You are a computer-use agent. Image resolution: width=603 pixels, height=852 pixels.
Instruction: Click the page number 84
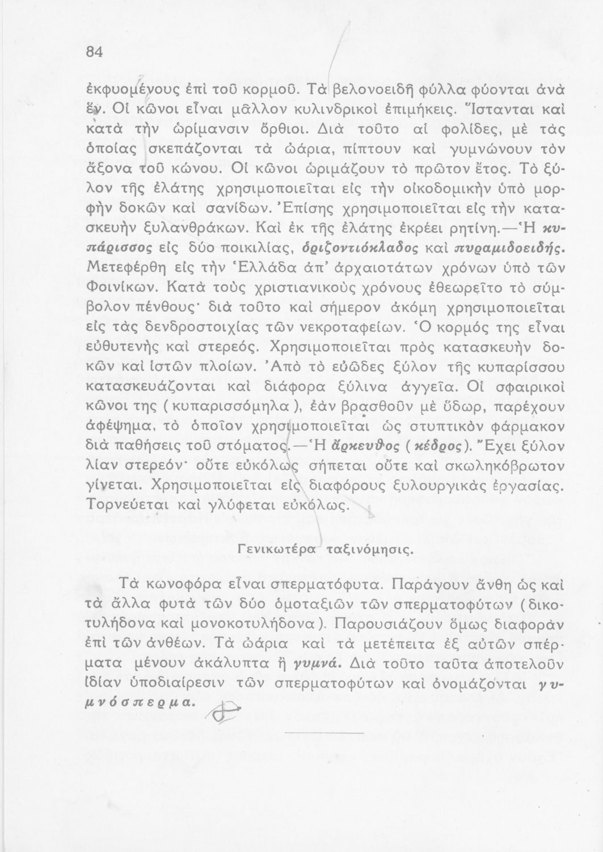[x=93, y=51]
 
